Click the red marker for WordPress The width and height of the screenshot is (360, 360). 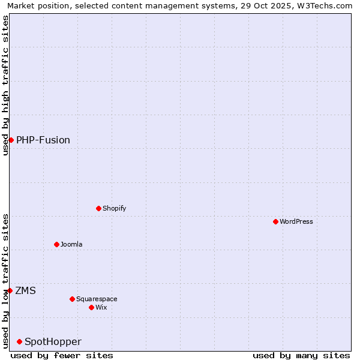coord(275,221)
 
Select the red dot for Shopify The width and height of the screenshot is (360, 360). coord(98,208)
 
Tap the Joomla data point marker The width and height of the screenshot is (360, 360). coord(56,244)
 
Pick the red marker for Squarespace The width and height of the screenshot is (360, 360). coord(72,299)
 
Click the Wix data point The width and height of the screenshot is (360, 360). coord(91,307)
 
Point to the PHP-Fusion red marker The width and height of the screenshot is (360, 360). coord(11,140)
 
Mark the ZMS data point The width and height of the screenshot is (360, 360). coord(10,290)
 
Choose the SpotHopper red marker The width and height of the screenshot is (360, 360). coord(19,341)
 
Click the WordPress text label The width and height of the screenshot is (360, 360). coord(296,221)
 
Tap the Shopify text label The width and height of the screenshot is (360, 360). coord(114,208)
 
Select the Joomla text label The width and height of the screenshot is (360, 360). coord(71,244)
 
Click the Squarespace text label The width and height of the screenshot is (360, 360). coord(97,299)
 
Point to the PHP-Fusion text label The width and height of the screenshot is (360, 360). coord(43,140)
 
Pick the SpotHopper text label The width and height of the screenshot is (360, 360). coord(53,341)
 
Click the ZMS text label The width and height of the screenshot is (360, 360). coord(25,290)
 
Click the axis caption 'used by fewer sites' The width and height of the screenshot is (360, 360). coord(62,355)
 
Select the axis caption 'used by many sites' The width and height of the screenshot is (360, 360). coord(301,355)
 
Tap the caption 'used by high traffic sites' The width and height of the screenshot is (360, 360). coord(5,85)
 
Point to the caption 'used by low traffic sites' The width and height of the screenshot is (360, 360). coord(5,281)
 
